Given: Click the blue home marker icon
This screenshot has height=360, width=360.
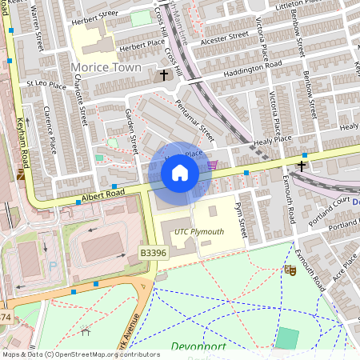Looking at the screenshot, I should [180, 172].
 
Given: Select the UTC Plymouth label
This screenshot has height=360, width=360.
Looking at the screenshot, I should [199, 232].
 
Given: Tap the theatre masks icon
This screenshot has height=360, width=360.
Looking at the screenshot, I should [289, 270].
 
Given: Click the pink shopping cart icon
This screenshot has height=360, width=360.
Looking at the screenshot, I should [212, 165].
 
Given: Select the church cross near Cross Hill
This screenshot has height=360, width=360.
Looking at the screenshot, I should [164, 76].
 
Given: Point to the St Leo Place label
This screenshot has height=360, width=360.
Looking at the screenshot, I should [46, 84].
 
